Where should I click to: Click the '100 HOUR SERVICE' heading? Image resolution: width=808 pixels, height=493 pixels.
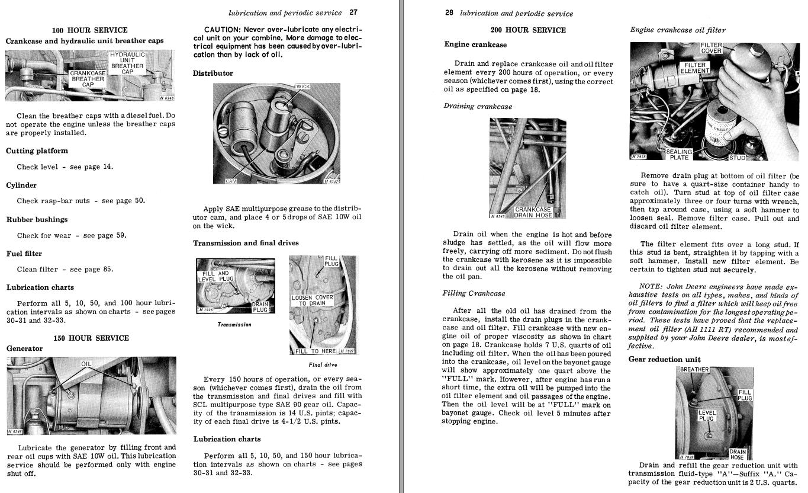tap(89, 30)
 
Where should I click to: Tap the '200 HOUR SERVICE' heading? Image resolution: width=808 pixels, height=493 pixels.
tap(528, 30)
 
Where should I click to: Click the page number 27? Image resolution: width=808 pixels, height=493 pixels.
tap(353, 12)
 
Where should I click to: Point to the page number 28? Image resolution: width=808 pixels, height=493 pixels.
tap(449, 13)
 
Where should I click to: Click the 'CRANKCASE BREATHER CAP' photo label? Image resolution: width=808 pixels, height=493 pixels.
tap(88, 79)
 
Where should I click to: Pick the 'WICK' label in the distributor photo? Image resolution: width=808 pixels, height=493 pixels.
tap(302, 87)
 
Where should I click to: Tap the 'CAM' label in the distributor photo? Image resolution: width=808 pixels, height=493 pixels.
tap(231, 181)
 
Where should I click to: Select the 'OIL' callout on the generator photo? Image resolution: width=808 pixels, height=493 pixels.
tap(86, 363)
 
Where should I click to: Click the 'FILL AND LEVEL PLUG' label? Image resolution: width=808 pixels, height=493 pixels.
tap(215, 276)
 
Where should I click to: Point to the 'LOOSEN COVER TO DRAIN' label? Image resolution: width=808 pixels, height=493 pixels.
tap(312, 300)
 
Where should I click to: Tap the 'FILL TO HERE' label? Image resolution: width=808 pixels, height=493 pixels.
tap(316, 351)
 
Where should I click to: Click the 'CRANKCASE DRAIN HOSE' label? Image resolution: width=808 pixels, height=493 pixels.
tap(533, 212)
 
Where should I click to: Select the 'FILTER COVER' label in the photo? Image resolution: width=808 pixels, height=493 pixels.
tap(711, 48)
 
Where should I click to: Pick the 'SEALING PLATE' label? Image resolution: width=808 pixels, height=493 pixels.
tap(679, 155)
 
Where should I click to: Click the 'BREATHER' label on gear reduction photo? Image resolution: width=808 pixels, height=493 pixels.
tap(694, 370)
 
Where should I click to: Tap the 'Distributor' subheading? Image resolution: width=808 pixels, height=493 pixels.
tap(213, 73)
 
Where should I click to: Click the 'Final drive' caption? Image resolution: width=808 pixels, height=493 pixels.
tap(323, 365)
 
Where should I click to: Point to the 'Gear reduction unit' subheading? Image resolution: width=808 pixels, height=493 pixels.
tap(664, 360)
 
